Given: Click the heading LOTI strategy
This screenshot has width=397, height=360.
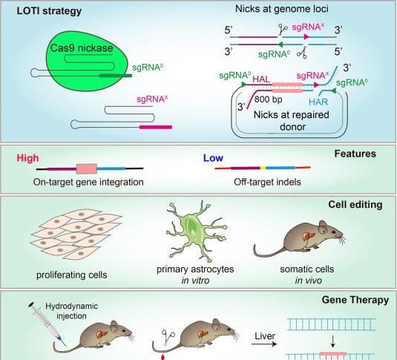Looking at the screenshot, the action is [49, 11].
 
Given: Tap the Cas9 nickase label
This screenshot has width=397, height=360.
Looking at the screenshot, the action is [82, 48].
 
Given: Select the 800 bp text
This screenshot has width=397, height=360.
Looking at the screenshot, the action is [269, 99].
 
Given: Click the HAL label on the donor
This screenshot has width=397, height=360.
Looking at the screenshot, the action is [261, 79].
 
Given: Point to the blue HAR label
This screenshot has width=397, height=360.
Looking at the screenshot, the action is [318, 102].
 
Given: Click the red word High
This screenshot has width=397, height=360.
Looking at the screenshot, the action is [28, 158].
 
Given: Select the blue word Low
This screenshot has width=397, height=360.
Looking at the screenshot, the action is [213, 158].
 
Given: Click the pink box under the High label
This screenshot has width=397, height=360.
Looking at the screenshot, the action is [87, 168].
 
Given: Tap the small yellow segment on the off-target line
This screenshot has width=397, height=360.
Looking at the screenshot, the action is [263, 168].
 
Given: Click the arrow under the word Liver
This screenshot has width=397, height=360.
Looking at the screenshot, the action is [264, 344].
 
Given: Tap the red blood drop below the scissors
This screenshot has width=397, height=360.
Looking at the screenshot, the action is [163, 357].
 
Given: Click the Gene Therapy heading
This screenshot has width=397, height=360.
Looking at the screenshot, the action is [355, 300].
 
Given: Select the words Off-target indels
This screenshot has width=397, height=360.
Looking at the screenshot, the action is [267, 182].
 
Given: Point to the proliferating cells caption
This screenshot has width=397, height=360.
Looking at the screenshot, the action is [72, 275].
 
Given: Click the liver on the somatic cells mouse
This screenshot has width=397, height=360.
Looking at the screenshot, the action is [309, 236].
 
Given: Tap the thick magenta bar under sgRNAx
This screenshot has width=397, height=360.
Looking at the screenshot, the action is [156, 127].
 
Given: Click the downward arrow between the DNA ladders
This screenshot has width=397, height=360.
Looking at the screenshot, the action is [333, 342].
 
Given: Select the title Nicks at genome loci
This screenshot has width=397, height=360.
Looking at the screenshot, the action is [282, 9].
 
